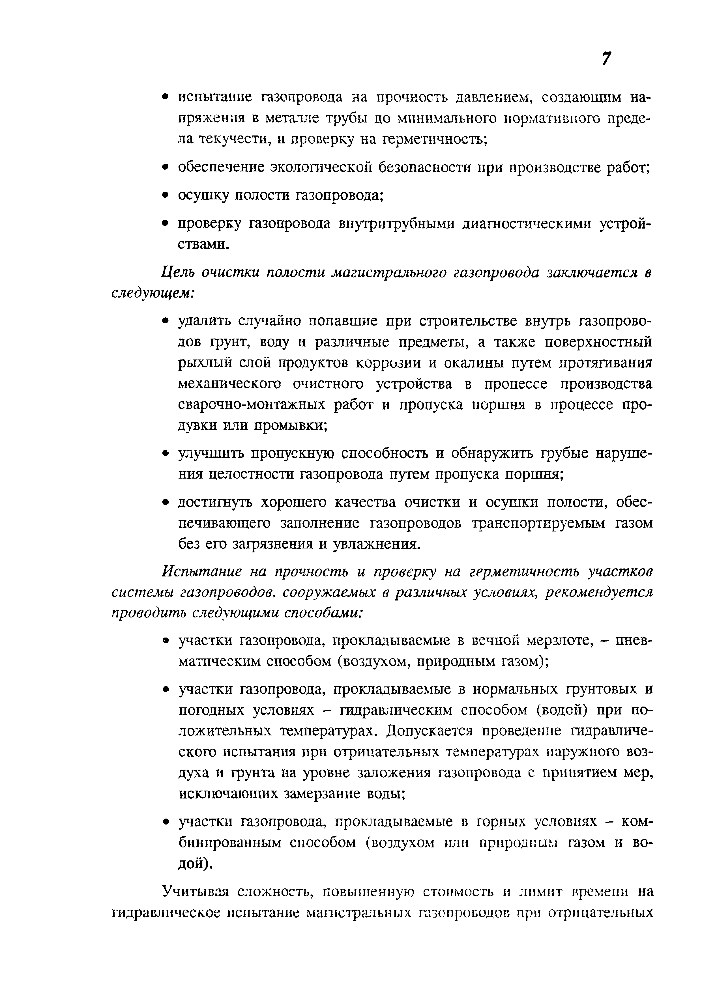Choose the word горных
pyautogui.click(x=500, y=822)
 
